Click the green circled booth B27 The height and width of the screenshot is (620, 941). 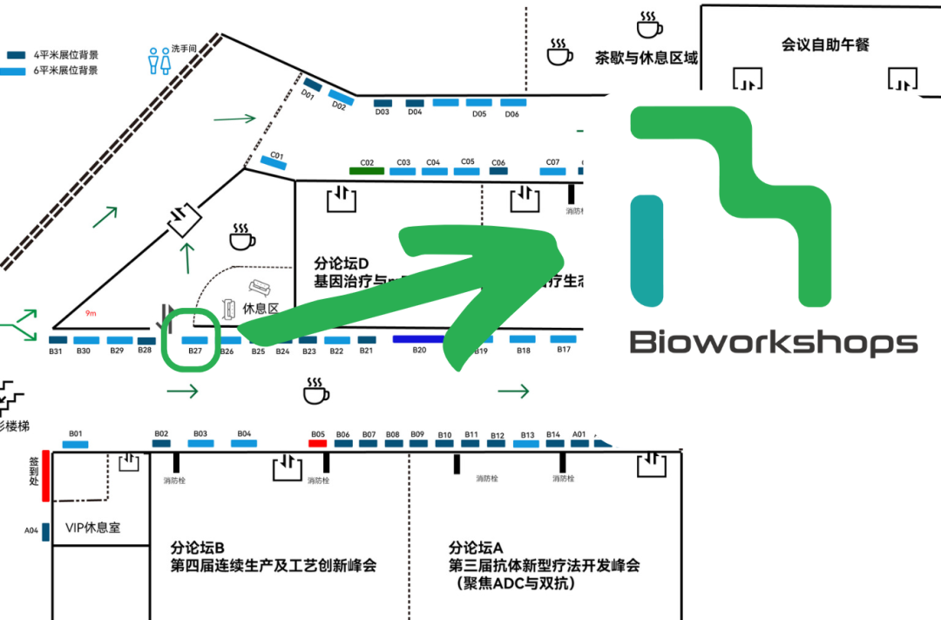click(x=194, y=340)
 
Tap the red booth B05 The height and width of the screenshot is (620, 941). click(x=318, y=443)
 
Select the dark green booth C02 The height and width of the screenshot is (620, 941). click(x=367, y=171)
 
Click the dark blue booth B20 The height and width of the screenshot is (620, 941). click(x=419, y=339)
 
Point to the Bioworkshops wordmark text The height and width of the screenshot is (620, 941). click(x=773, y=342)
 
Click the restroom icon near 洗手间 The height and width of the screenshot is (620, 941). click(x=159, y=60)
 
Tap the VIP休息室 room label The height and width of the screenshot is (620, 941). click(x=92, y=528)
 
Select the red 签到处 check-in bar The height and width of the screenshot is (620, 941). click(x=46, y=476)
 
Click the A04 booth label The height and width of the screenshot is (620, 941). click(x=31, y=530)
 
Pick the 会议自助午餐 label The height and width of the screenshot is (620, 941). click(x=825, y=44)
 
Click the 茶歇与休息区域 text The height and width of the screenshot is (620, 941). click(x=646, y=58)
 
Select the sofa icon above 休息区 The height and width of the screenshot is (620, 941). click(x=259, y=288)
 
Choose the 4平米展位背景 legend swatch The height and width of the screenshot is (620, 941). click(x=17, y=55)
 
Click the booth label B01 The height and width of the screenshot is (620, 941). click(x=75, y=433)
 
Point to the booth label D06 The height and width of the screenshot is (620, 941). click(x=512, y=114)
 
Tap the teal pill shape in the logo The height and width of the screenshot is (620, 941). click(x=647, y=250)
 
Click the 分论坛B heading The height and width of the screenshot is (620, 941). click(x=199, y=548)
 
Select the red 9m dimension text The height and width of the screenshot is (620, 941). click(x=91, y=313)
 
